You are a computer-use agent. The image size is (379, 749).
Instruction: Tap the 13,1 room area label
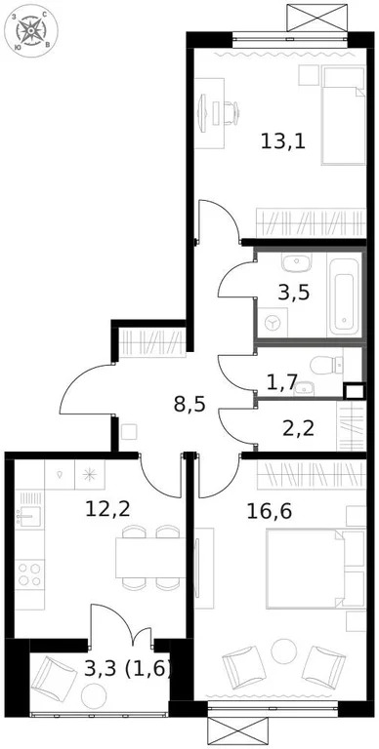click(x=283, y=139)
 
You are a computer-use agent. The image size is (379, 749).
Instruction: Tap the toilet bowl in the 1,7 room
click(x=320, y=366)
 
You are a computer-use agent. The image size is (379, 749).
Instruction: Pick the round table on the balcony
click(x=95, y=695)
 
